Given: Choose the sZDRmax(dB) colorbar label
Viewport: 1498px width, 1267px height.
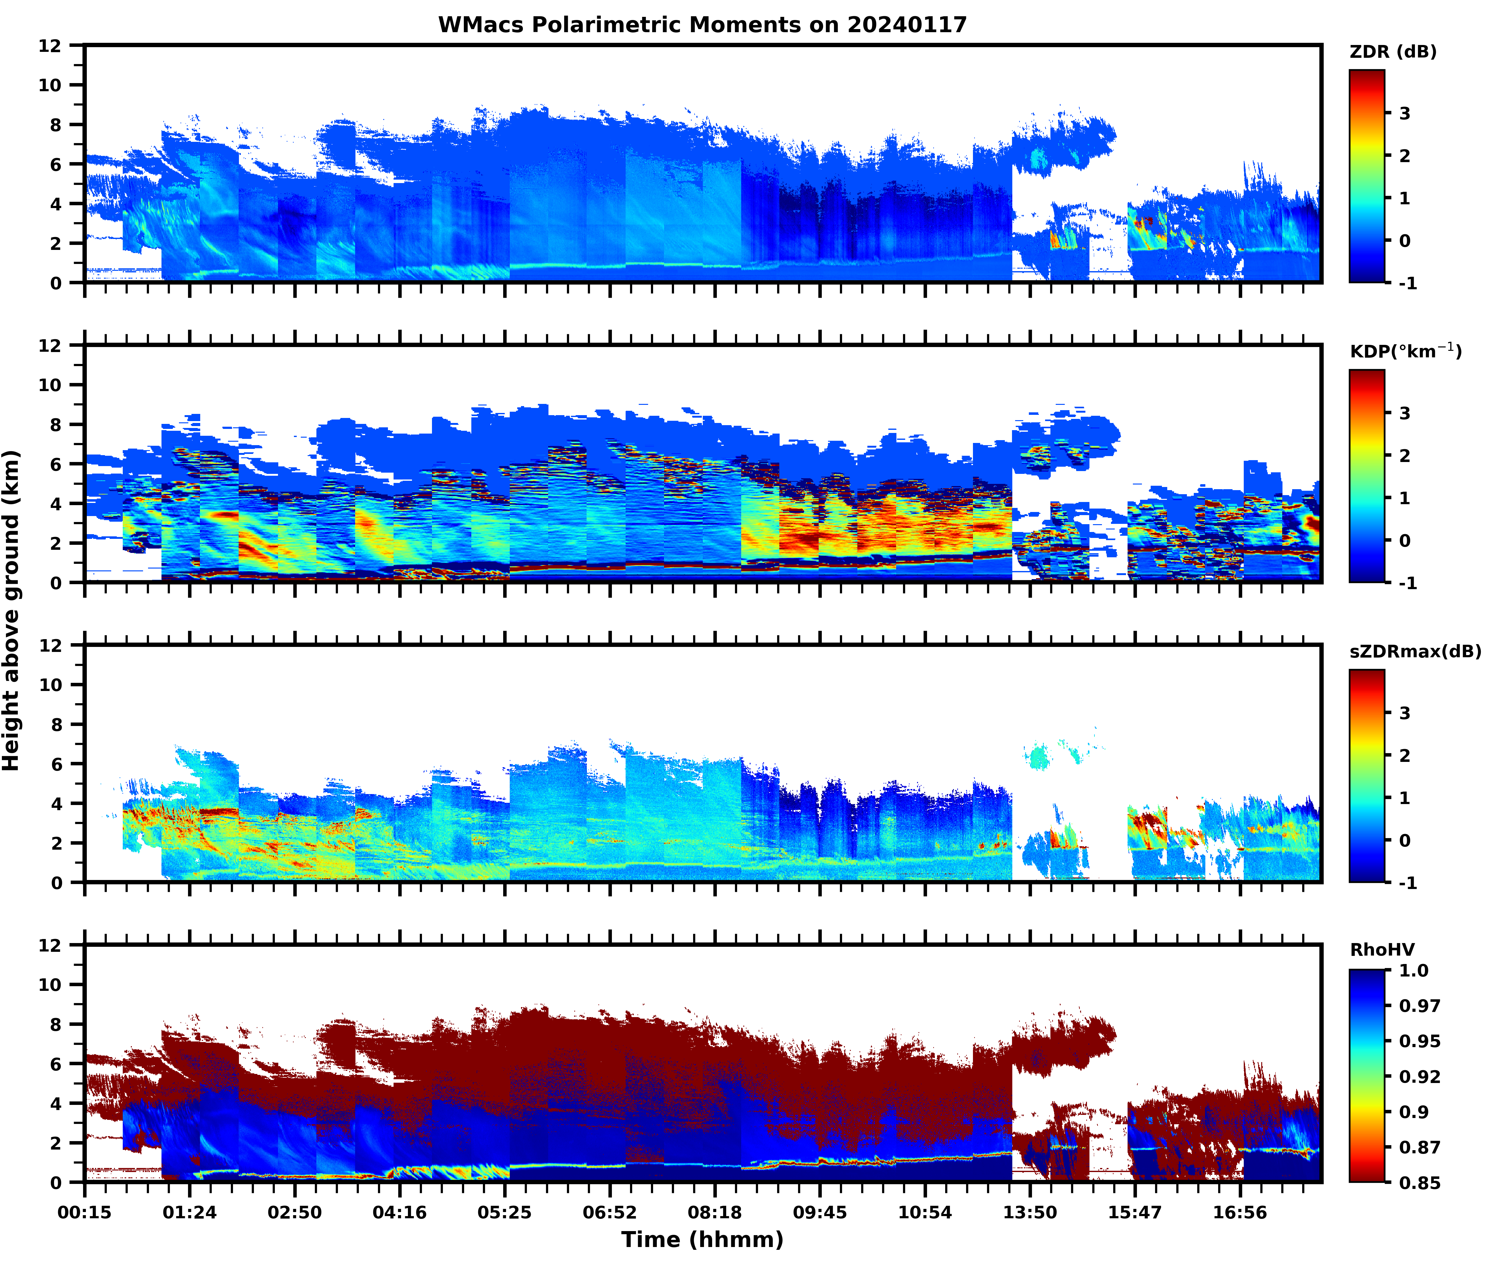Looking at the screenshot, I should [x=1415, y=651].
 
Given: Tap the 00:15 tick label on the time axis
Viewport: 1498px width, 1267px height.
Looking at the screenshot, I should [x=85, y=1212].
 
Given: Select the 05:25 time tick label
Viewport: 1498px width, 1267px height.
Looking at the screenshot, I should [x=505, y=1212].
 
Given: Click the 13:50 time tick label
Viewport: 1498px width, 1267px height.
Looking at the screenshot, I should [x=1030, y=1212].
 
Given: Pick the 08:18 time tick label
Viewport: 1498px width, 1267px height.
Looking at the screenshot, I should [x=715, y=1212].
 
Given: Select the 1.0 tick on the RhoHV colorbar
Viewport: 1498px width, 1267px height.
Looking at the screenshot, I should [x=1413, y=970].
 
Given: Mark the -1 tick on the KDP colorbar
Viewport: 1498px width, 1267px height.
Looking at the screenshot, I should [x=1407, y=583].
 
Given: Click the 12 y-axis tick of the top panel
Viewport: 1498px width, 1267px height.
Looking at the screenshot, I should [x=50, y=46].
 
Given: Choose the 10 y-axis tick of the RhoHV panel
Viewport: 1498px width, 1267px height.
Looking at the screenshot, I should [x=50, y=985].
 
